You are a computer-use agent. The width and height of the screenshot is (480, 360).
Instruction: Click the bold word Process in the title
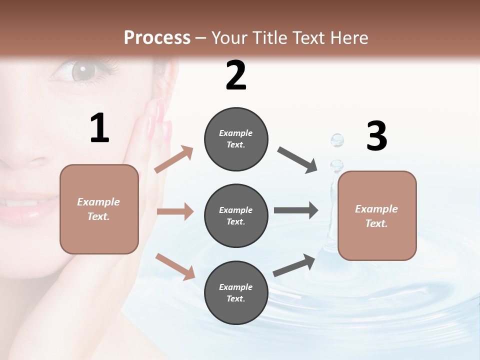pos(157,37)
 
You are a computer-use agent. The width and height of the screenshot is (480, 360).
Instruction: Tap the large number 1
pos(99,128)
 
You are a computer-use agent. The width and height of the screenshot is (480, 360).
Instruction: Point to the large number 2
pos(236,75)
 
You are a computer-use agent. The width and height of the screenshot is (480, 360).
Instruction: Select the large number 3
pos(376,136)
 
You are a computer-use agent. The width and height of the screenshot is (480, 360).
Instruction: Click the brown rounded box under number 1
pos(99,209)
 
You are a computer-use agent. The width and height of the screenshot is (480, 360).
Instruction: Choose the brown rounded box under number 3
pos(377,215)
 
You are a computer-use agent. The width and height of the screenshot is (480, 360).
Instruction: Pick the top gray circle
pos(236,139)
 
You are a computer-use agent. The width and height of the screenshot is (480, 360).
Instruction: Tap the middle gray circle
pos(236,215)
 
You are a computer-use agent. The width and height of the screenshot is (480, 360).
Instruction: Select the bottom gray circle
pos(236,292)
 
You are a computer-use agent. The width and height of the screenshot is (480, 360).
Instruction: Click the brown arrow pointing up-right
pos(174,159)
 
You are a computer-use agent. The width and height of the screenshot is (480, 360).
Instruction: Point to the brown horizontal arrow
pos(175,211)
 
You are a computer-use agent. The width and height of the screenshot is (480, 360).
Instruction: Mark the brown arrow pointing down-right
pos(175,266)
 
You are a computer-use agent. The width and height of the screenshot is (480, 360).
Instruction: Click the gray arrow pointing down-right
pos(297,160)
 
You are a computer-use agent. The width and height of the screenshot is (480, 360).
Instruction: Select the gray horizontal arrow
pos(295,210)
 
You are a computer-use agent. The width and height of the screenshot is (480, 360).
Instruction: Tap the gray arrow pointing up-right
pos(294,265)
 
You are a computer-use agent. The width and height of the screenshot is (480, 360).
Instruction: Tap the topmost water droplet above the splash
pos(337,140)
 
